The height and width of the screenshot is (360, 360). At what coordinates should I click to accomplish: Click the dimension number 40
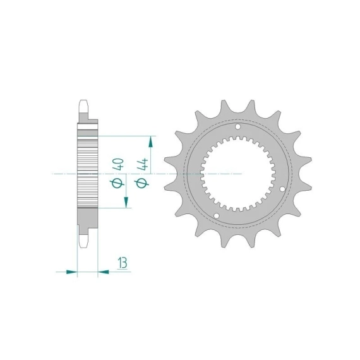[118, 164]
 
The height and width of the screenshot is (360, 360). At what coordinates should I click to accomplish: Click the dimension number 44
[142, 164]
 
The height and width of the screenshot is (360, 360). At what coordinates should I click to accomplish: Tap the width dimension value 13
[123, 263]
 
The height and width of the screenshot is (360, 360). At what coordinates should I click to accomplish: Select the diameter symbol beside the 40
[117, 183]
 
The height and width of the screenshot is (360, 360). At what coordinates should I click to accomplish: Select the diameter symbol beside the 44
[141, 183]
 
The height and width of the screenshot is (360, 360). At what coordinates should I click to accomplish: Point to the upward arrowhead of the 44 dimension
[150, 141]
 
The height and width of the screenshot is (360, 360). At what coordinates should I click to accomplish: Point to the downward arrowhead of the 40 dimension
[126, 202]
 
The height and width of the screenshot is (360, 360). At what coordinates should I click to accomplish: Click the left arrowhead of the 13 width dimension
[71, 272]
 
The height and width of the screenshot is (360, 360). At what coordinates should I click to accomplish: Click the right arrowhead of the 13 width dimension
[104, 272]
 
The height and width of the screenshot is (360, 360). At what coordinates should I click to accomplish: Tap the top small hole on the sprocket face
[238, 127]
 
